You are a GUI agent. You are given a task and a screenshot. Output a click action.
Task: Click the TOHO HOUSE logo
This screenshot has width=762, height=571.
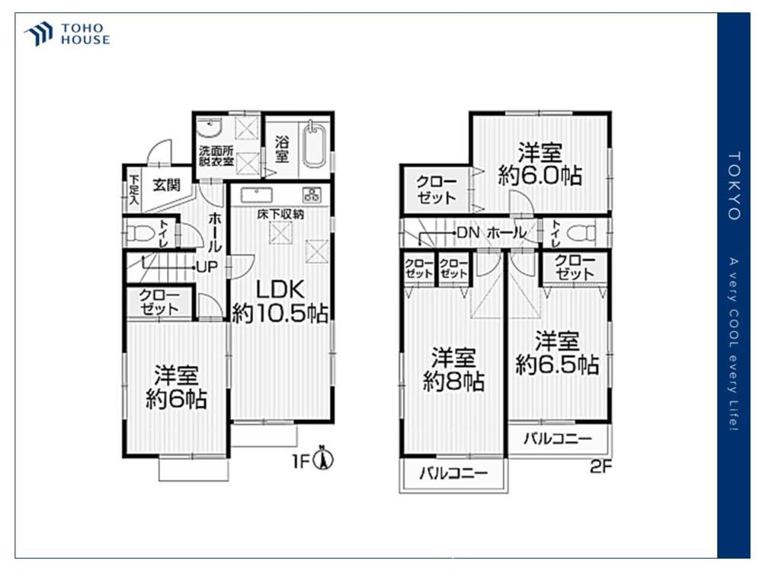coord(68,34)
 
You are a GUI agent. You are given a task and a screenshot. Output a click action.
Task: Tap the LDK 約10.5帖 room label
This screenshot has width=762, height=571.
coord(280,301)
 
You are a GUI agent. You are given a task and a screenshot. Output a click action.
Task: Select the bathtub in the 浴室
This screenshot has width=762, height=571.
coord(315,145)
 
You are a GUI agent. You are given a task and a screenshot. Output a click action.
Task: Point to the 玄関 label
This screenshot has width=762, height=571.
coord(166,185)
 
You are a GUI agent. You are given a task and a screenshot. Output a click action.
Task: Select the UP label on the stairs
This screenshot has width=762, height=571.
coord(207,267)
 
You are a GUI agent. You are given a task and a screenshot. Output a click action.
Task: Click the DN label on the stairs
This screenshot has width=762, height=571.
coord(468,232)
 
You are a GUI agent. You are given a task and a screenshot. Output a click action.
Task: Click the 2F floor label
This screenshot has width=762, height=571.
coord(600,467)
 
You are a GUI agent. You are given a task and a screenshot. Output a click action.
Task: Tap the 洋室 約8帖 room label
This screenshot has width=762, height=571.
coord(453,369)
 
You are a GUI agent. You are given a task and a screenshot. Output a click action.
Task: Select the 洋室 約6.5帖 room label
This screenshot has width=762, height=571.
coord(557,352)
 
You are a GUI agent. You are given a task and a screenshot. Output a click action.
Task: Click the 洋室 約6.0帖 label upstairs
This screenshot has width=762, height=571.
coord(540,163)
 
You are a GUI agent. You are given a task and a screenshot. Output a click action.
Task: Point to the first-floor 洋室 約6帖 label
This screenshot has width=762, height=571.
coord(176,388)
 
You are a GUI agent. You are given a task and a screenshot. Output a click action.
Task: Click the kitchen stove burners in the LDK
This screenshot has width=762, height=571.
coord(312,194)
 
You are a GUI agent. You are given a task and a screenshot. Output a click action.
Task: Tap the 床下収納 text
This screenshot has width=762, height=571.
coord(280,214)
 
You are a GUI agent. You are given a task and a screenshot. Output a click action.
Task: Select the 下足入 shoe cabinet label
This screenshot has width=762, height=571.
coord(133,189)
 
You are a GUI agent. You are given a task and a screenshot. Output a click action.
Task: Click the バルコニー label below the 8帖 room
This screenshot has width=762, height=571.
coord(453,473)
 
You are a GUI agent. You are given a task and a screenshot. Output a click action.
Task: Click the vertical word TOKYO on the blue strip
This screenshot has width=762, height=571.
coord(734,186)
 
